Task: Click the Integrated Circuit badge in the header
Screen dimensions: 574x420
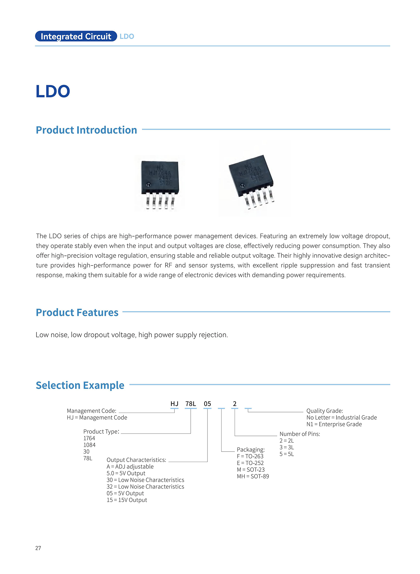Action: [76, 36]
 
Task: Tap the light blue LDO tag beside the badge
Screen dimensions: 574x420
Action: [127, 36]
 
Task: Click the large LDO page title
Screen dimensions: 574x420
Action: [53, 91]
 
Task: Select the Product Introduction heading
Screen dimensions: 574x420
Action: [86, 130]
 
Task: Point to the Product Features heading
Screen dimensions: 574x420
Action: [77, 312]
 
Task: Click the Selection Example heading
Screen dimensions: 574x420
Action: [80, 385]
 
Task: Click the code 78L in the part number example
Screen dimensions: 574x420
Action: [191, 404]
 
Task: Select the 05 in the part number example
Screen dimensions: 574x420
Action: [207, 404]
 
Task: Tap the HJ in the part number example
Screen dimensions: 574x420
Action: [174, 404]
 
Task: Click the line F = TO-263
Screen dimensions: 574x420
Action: [250, 456]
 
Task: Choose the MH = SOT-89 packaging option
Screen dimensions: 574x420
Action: [253, 477]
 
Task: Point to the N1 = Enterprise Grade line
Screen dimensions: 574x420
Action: [334, 424]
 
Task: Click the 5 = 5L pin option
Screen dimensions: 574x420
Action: [287, 454]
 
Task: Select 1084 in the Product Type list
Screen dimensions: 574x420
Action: [89, 445]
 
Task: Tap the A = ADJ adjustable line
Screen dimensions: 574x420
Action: [130, 467]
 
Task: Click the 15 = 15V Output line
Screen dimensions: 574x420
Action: [127, 500]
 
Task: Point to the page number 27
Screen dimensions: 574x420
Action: [38, 548]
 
